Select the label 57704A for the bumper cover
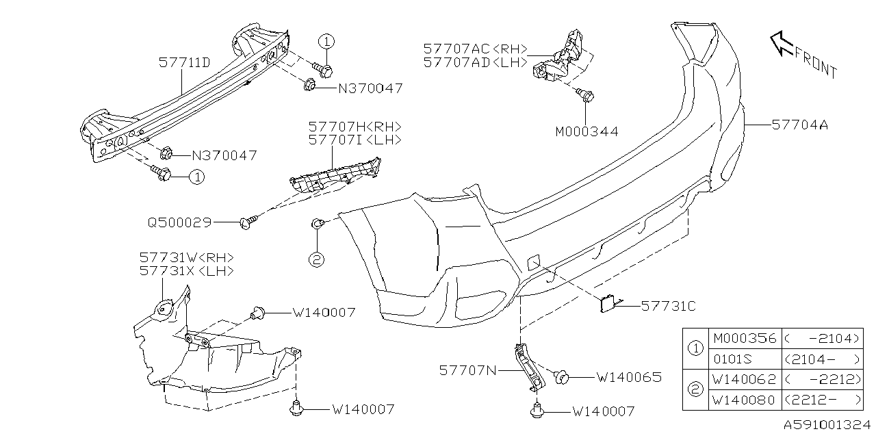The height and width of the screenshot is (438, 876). [799, 125]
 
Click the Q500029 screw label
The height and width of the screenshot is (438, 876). [179, 222]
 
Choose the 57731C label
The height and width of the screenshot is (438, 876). [668, 307]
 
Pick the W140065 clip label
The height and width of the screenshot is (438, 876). [628, 377]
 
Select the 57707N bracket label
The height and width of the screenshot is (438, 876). [469, 370]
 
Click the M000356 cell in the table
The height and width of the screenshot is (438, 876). [745, 339]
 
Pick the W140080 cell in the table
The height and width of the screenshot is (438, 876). [745, 400]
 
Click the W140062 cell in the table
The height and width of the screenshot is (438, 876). [745, 380]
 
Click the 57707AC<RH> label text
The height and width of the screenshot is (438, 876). [475, 49]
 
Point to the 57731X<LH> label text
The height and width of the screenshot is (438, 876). [187, 271]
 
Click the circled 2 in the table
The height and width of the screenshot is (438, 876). [695, 389]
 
